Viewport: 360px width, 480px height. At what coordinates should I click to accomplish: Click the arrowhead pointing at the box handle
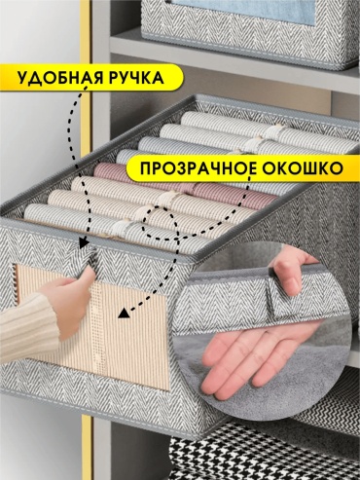tap(84, 242)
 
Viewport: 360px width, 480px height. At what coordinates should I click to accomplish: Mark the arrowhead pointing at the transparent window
tap(124, 314)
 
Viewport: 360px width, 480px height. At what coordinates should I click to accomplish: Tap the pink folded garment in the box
tap(182, 182)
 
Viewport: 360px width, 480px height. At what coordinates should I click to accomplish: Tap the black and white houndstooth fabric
tap(260, 455)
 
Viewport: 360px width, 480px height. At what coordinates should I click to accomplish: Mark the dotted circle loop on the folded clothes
tap(160, 224)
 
